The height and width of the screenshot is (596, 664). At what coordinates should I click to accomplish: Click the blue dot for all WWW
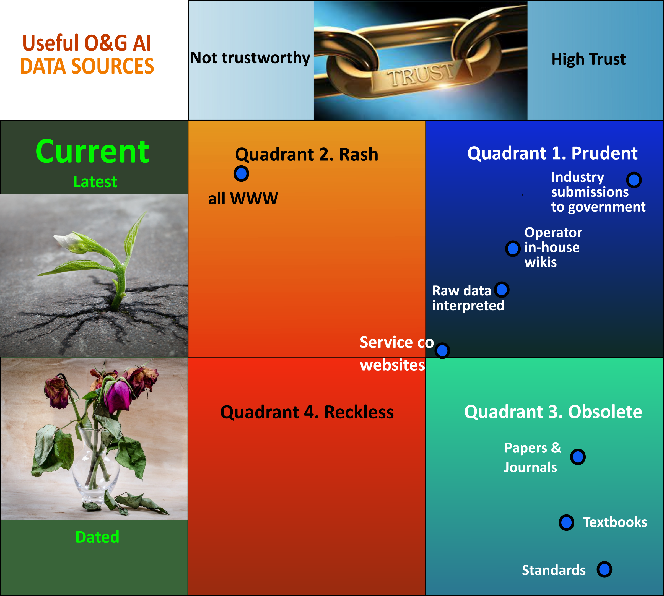tap(241, 174)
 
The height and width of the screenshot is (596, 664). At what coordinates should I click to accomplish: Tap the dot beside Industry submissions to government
tap(634, 180)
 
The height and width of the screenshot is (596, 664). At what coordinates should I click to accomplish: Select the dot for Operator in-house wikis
tap(513, 249)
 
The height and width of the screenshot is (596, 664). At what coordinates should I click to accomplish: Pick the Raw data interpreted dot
tap(502, 290)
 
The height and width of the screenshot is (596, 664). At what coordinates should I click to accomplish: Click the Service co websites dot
tap(442, 351)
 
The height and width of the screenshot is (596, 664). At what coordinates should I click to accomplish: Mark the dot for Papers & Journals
tap(578, 457)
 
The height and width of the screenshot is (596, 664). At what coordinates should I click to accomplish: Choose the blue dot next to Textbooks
tap(566, 523)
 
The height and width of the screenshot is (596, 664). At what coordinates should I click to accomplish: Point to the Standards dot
tap(605, 569)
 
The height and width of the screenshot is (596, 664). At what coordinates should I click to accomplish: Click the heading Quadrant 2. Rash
tap(307, 154)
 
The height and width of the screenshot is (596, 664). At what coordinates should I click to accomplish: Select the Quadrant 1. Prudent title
tap(552, 153)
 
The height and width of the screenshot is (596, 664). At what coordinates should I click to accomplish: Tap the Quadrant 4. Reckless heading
tap(307, 412)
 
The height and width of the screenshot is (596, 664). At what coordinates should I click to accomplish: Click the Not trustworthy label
tap(250, 58)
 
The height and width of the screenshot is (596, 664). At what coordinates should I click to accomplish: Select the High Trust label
tap(588, 59)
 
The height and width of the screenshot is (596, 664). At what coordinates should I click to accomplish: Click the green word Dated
tap(97, 537)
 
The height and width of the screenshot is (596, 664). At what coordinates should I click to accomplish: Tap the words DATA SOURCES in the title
tap(87, 66)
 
